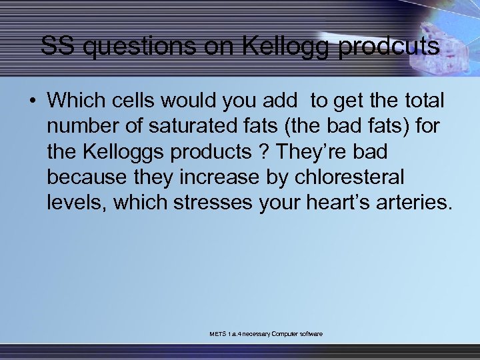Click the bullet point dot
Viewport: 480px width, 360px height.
(x=32, y=101)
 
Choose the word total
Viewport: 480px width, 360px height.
(x=421, y=101)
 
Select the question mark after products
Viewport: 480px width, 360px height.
(x=265, y=151)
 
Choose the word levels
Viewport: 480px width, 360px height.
(x=75, y=202)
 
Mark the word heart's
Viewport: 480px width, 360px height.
(x=335, y=202)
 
